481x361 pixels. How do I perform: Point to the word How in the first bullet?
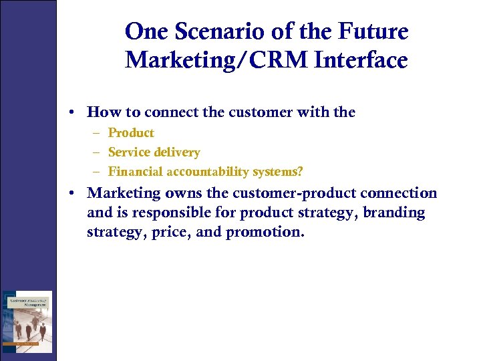[x=102, y=112]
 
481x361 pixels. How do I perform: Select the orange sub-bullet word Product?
[x=131, y=133]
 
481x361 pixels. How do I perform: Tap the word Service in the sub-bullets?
[x=129, y=152]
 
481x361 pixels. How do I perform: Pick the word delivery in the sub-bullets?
[x=176, y=152]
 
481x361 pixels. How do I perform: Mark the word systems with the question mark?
[x=280, y=172]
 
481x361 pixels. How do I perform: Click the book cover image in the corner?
[x=27, y=321]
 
